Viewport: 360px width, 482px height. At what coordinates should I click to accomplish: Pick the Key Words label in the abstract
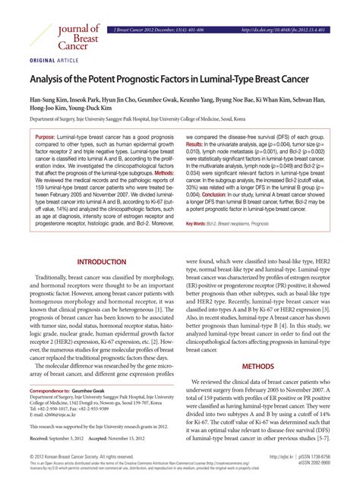click(x=196, y=223)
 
